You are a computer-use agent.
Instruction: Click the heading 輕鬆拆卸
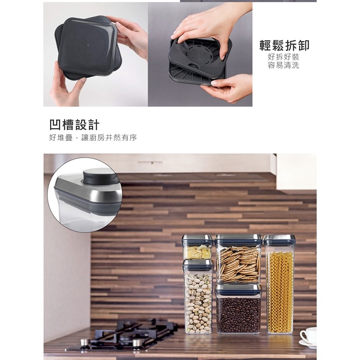(284, 45)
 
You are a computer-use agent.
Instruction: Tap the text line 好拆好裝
(284, 57)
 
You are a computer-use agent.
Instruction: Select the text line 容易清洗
(284, 66)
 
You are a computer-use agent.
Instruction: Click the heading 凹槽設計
(74, 124)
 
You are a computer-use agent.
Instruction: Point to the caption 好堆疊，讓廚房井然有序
(93, 138)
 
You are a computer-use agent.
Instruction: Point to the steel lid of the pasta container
(279, 240)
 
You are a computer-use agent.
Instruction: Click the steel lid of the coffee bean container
(238, 289)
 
